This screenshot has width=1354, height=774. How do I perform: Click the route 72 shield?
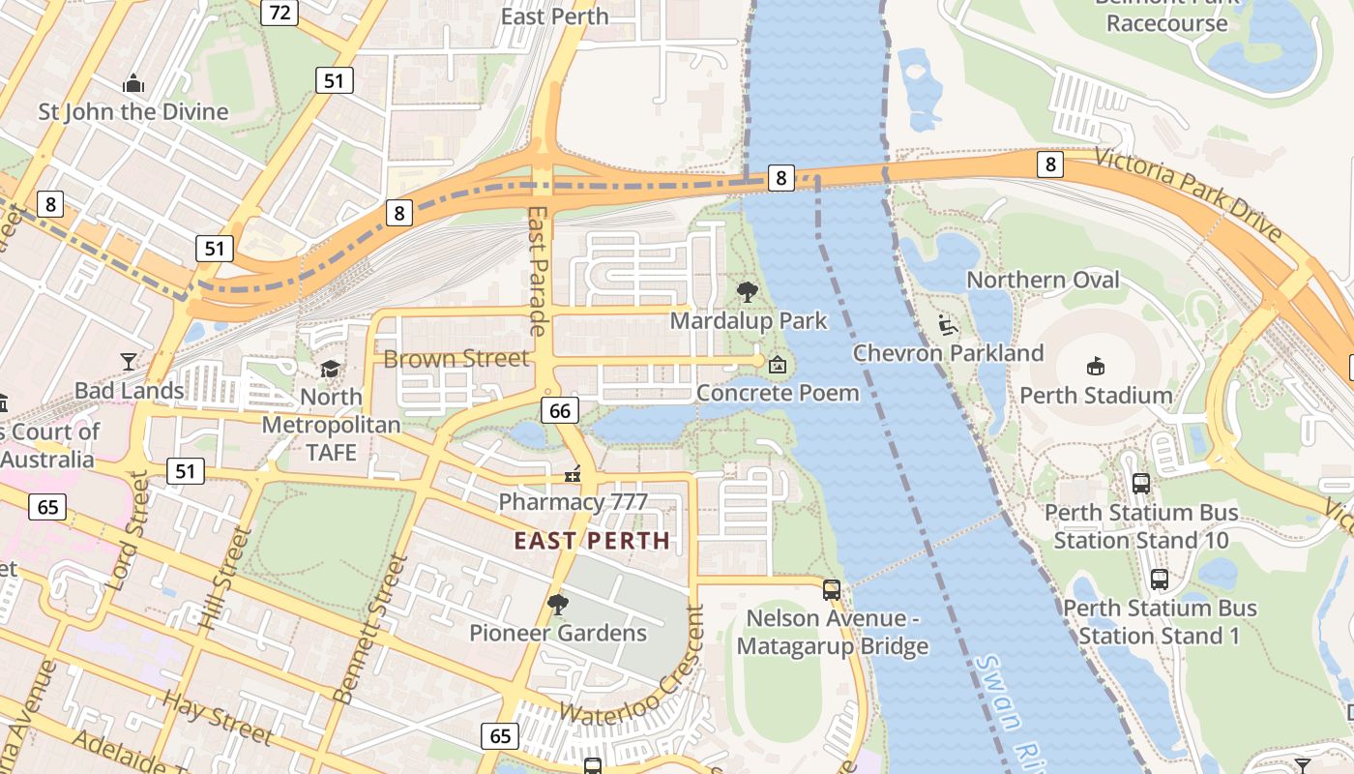pyautogui.click(x=280, y=13)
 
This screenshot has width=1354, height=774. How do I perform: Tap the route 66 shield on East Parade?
pyautogui.click(x=560, y=410)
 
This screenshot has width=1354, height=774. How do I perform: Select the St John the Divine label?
pyautogui.click(x=133, y=111)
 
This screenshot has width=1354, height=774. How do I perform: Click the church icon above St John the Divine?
pyautogui.click(x=133, y=84)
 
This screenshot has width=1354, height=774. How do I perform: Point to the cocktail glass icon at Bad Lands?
pyautogui.click(x=129, y=362)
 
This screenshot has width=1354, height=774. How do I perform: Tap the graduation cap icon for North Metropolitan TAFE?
pyautogui.click(x=331, y=370)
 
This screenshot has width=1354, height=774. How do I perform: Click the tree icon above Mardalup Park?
pyautogui.click(x=747, y=291)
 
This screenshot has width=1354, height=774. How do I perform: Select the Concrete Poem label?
pyautogui.click(x=778, y=393)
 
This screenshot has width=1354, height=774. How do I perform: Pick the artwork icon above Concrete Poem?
pyautogui.click(x=777, y=365)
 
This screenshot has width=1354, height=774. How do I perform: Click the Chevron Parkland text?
pyautogui.click(x=948, y=353)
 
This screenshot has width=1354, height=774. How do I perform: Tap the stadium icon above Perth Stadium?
pyautogui.click(x=1096, y=366)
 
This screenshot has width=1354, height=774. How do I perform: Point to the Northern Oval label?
pyautogui.click(x=1043, y=281)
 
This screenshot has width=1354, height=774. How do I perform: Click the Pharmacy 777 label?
pyautogui.click(x=573, y=502)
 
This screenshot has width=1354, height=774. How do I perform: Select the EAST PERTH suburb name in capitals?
pyautogui.click(x=592, y=541)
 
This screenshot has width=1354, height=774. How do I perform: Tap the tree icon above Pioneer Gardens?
pyautogui.click(x=557, y=605)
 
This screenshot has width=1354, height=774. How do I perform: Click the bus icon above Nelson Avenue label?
pyautogui.click(x=831, y=589)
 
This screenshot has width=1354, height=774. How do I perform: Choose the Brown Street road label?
pyautogui.click(x=456, y=359)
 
